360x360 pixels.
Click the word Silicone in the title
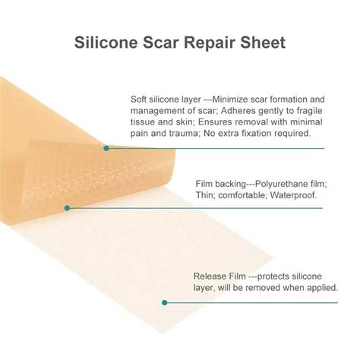106,43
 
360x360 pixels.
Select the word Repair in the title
210,43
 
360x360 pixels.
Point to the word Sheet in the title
263,43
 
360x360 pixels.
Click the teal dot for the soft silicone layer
106,148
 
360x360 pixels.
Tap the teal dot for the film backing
67,208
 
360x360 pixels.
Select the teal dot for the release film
165,302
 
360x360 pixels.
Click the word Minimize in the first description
230,99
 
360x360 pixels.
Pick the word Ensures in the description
214,122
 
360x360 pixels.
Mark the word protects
273,276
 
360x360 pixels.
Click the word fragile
310,112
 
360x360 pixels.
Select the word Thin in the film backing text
205,195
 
